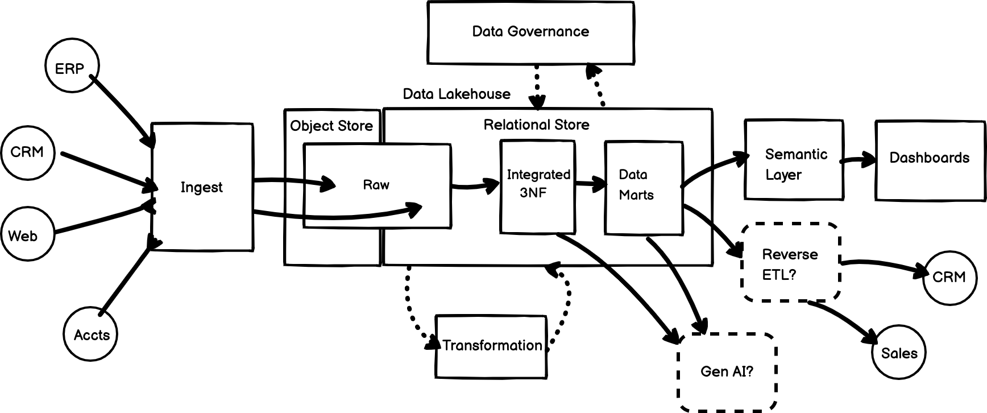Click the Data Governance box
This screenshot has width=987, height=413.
[x=530, y=32]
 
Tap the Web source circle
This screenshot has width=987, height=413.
[x=27, y=235]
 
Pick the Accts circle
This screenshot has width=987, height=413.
[x=90, y=334]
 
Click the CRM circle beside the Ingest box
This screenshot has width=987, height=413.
[x=27, y=152]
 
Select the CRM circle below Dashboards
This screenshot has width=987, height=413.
[x=949, y=278]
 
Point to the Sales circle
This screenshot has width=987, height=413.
[x=898, y=353]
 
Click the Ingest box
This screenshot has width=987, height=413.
[x=202, y=187]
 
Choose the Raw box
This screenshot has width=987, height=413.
[x=377, y=185]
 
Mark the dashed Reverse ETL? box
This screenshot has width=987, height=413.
[x=790, y=263]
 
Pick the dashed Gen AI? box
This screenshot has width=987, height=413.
[x=727, y=372]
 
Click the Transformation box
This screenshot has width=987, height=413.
[x=491, y=346]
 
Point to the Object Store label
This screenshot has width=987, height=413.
[x=331, y=126]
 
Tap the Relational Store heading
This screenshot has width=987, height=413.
[x=536, y=125]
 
